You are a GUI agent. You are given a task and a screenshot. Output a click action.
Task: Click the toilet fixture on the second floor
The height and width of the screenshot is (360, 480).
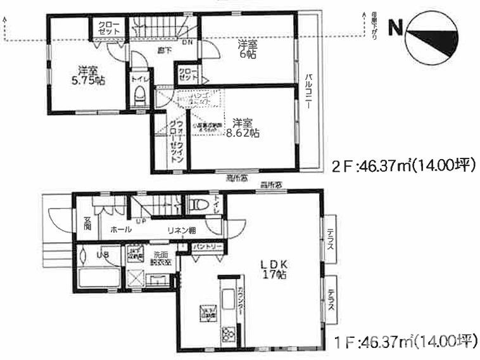coord(141,96)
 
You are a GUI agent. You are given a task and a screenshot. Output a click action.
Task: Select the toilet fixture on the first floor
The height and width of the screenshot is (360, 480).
coord(198,205)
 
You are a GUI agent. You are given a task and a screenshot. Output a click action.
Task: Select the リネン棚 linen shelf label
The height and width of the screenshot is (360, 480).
coord(180,231)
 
